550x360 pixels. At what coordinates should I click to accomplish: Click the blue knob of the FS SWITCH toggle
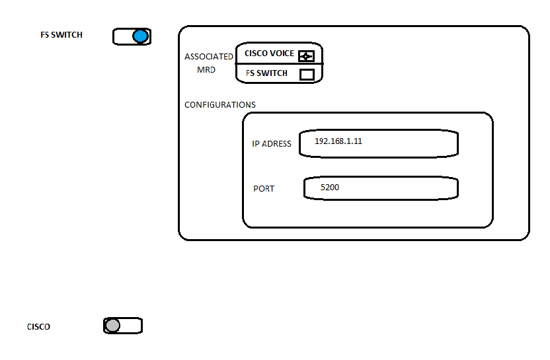pyautogui.click(x=140, y=36)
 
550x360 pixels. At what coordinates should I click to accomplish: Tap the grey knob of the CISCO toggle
pyautogui.click(x=112, y=326)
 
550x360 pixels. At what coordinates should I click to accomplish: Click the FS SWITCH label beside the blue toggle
pyautogui.click(x=61, y=34)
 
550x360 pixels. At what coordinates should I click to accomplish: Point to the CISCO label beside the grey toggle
pyautogui.click(x=38, y=327)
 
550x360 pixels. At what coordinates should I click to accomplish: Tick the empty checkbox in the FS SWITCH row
pyautogui.click(x=307, y=74)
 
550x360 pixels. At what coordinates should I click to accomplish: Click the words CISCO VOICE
pyautogui.click(x=269, y=54)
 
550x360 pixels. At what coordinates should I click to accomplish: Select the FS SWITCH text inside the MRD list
pyautogui.click(x=266, y=73)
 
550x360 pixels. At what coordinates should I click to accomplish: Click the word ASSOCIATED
pyautogui.click(x=209, y=57)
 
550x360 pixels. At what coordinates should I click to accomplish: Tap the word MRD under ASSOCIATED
pyautogui.click(x=206, y=70)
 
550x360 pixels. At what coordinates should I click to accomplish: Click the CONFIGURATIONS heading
pyautogui.click(x=220, y=105)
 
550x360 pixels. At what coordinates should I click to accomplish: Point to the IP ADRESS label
pyautogui.click(x=272, y=144)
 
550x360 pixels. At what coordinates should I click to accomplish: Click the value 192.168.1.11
pyautogui.click(x=338, y=141)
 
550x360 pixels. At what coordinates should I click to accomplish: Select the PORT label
pyautogui.click(x=264, y=189)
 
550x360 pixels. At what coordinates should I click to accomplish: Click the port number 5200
pyautogui.click(x=330, y=188)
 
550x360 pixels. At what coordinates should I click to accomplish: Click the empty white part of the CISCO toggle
pyautogui.click(x=131, y=326)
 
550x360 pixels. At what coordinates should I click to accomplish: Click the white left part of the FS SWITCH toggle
pyautogui.click(x=123, y=36)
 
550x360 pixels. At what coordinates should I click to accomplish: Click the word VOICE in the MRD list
pyautogui.click(x=281, y=54)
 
